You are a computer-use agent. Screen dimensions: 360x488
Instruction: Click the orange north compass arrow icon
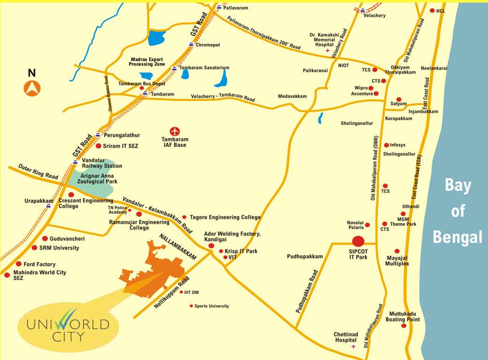[x=32, y=88]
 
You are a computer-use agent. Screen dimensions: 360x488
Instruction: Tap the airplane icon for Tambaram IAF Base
[x=175, y=131]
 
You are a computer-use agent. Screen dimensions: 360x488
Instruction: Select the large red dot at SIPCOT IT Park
[x=358, y=241]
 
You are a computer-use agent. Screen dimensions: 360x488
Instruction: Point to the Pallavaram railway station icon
[x=219, y=7]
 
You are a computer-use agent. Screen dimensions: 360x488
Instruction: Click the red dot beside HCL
[x=432, y=10]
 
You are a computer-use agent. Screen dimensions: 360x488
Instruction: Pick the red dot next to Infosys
[x=386, y=145]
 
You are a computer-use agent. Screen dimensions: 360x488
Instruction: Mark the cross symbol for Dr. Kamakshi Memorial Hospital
[x=327, y=50]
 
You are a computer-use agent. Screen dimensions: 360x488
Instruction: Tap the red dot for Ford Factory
[x=19, y=264]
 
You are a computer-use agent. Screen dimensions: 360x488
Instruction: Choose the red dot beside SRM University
[x=34, y=247]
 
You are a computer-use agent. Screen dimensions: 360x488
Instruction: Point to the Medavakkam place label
[x=292, y=96]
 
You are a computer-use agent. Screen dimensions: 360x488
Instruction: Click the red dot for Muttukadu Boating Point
[x=403, y=325]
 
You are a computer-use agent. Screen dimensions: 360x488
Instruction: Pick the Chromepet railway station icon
[x=191, y=45]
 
